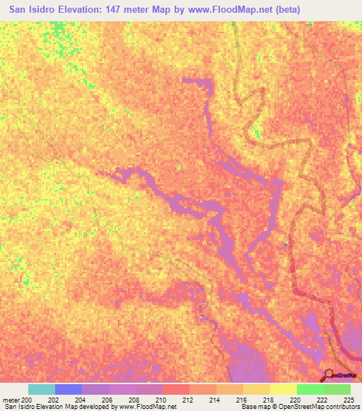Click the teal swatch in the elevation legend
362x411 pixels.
(x=42, y=389)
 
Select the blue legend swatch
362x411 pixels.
(x=69, y=389)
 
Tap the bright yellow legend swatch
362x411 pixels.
(x=283, y=389)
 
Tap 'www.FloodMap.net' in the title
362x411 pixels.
(x=230, y=10)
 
